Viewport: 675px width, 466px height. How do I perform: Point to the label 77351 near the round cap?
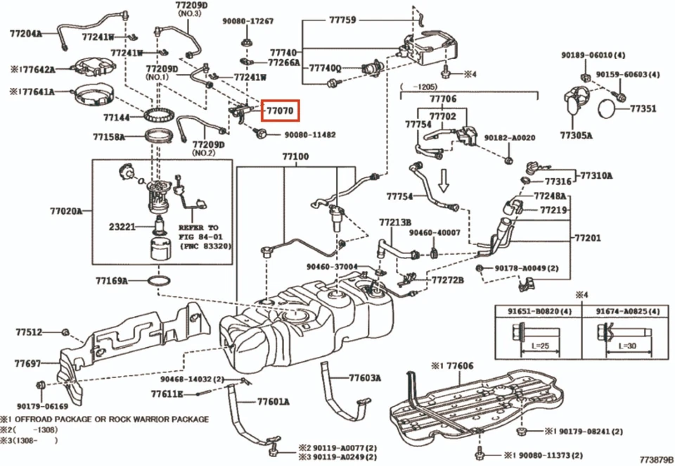pyautogui.click(x=643, y=109)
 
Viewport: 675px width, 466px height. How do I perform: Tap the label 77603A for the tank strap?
pyautogui.click(x=365, y=378)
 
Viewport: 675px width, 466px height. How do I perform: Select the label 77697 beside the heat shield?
pyautogui.click(x=28, y=364)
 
